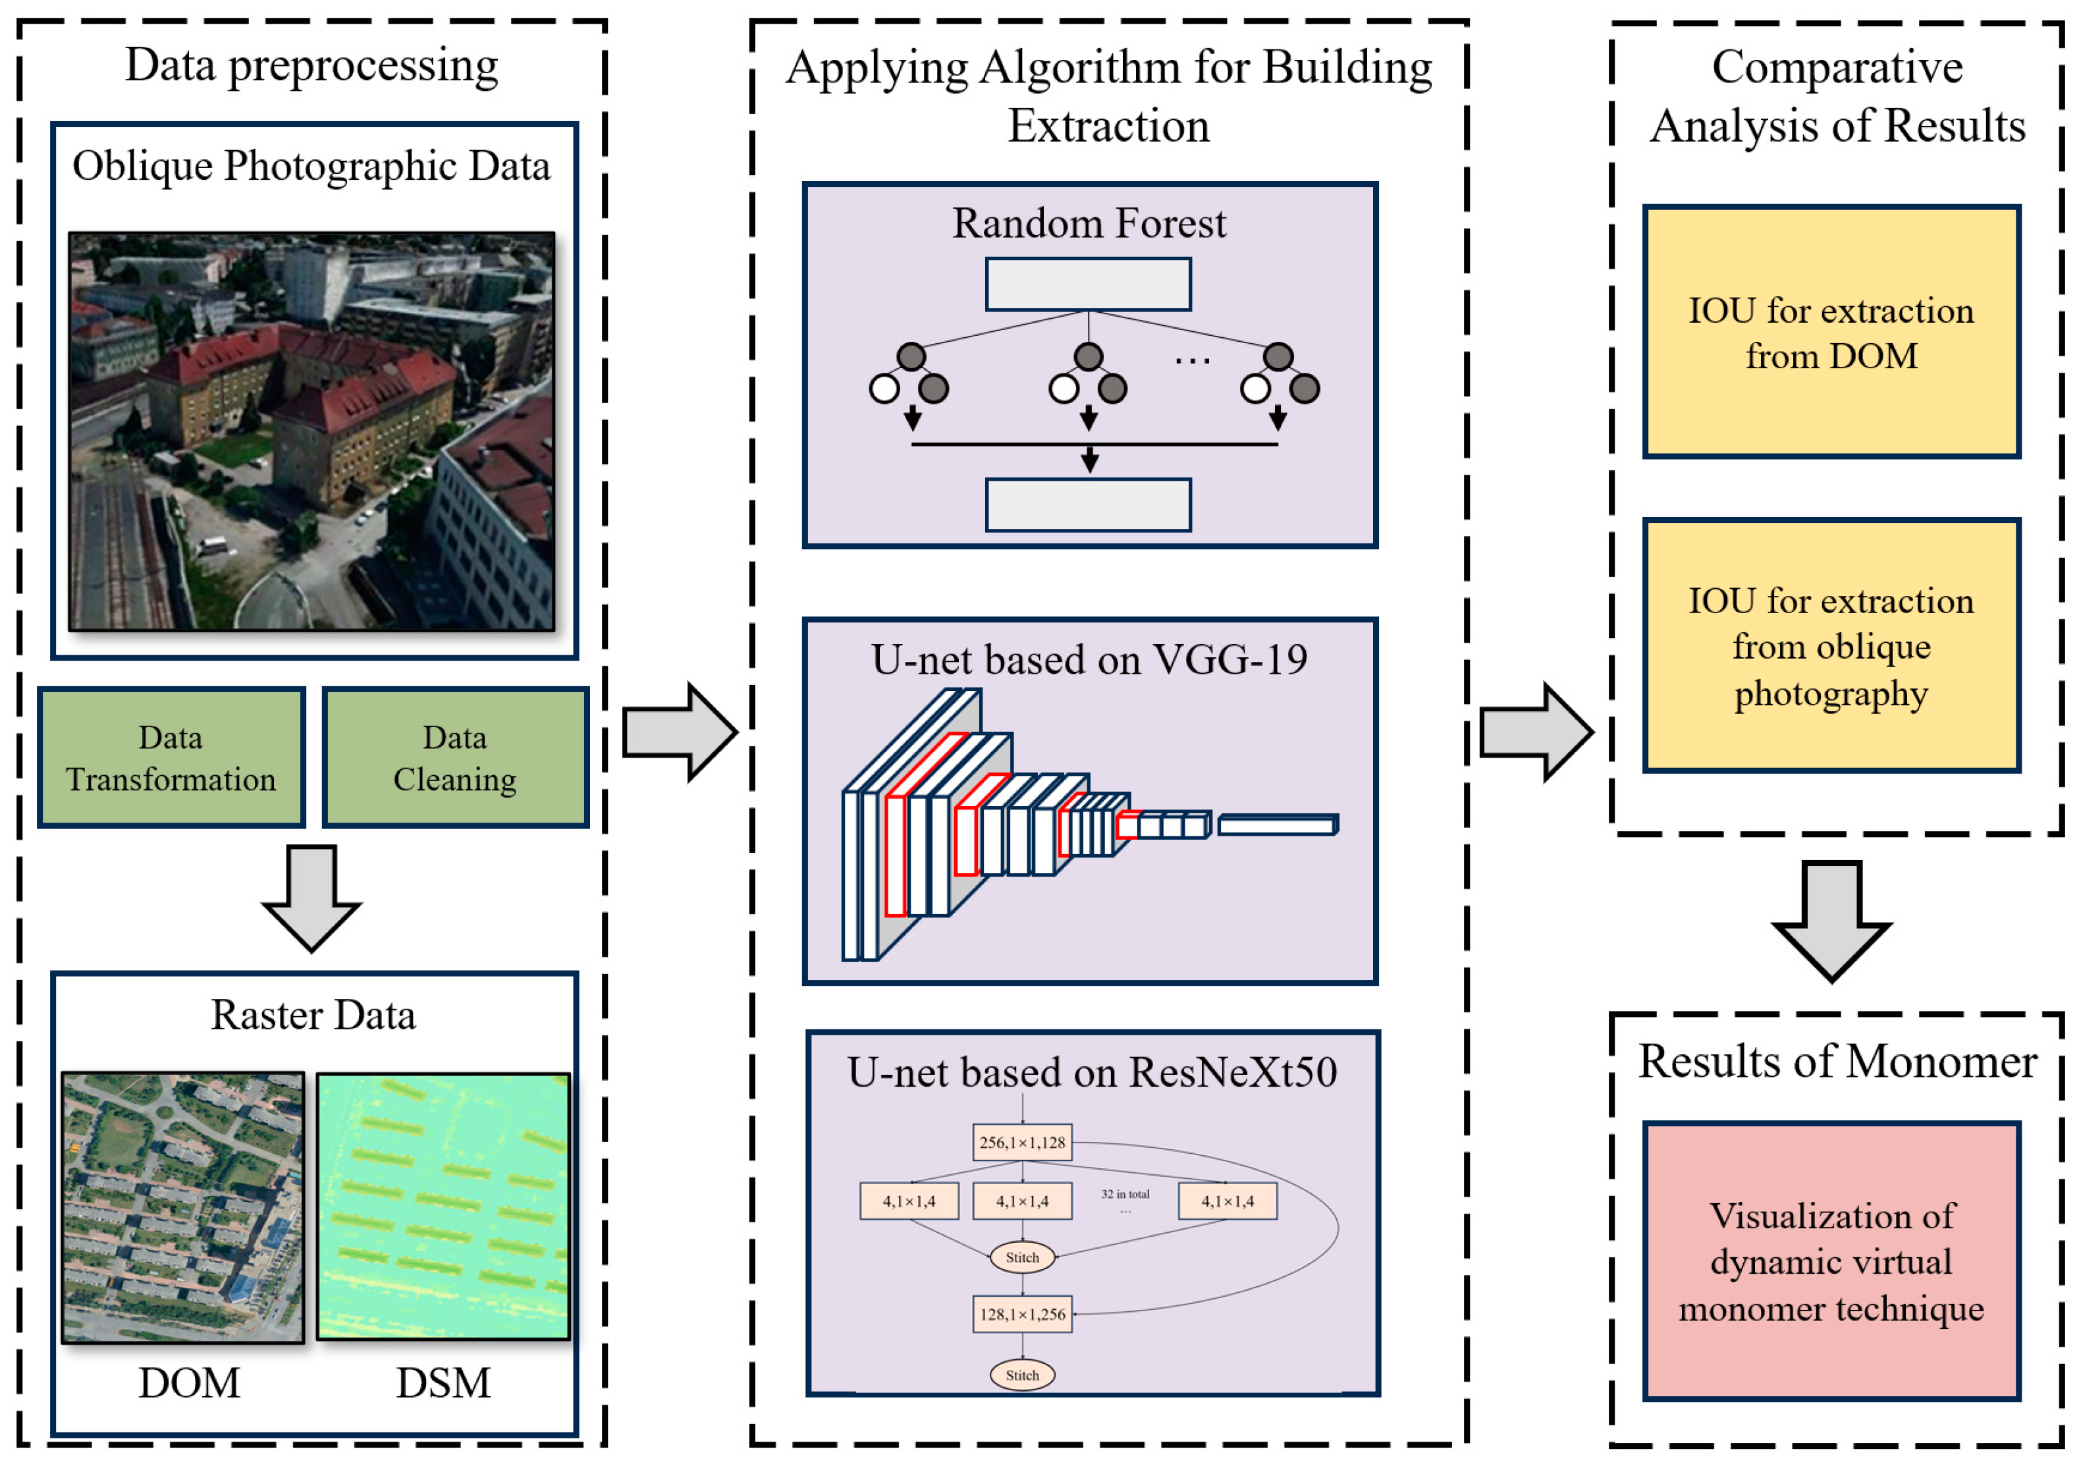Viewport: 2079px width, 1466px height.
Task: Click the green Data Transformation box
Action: point(171,758)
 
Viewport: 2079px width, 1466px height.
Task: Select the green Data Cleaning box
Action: point(456,758)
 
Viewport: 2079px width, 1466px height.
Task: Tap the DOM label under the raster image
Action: point(189,1383)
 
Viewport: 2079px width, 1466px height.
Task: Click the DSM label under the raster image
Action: point(443,1383)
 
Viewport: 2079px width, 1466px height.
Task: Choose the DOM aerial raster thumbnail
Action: point(183,1208)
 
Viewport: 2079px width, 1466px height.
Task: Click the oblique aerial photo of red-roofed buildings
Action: point(311,431)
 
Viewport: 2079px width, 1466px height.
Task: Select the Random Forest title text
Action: point(1089,223)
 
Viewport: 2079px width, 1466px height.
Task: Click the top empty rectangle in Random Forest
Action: point(1089,285)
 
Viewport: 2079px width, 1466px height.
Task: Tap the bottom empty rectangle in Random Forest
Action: point(1089,505)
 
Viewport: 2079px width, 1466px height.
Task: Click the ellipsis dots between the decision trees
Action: point(1192,362)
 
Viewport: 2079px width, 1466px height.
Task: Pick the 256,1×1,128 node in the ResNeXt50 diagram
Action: point(1022,1142)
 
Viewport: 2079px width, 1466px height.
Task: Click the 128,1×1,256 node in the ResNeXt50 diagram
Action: point(1022,1314)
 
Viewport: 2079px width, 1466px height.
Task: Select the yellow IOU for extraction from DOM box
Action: point(1831,333)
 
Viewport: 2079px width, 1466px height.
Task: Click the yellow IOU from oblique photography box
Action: point(1831,645)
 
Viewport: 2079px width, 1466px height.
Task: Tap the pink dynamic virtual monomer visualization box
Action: point(1831,1261)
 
